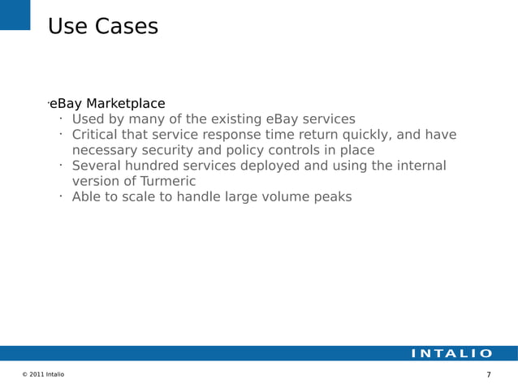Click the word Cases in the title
126,27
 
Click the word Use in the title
67,27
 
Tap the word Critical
98,135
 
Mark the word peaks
334,196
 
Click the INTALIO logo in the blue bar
451,353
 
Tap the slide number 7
488,374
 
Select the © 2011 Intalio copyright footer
43,374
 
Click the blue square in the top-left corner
15,14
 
